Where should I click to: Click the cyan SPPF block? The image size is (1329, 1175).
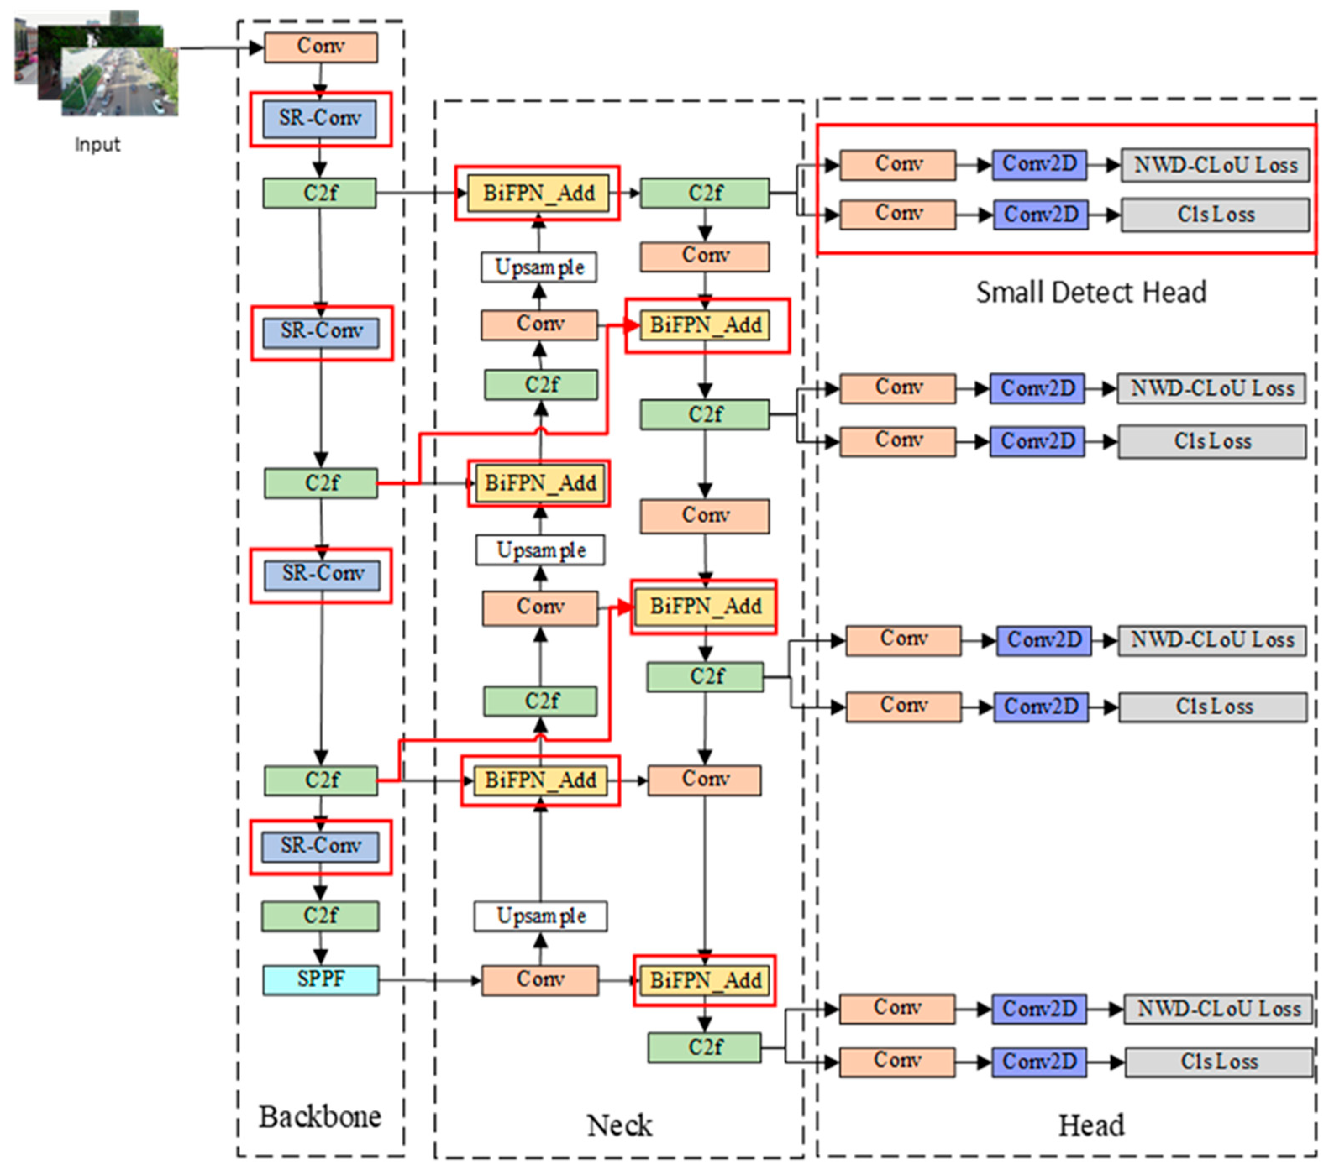(x=320, y=979)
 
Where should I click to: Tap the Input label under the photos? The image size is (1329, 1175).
(x=97, y=144)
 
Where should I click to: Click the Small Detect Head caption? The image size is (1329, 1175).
(x=1090, y=292)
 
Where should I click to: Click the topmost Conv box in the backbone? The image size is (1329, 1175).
(x=320, y=47)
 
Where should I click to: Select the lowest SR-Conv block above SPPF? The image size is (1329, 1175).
(x=320, y=846)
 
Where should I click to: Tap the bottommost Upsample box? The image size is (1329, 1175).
(x=540, y=916)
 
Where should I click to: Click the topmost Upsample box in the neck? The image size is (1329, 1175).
(x=539, y=267)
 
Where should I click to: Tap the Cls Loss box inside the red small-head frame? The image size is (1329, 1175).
(x=1215, y=215)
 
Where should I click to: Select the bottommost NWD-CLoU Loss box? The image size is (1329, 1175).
(x=1218, y=1009)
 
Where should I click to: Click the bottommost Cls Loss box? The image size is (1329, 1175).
(x=1219, y=1062)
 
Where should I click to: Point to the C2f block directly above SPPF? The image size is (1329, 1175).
(x=320, y=916)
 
